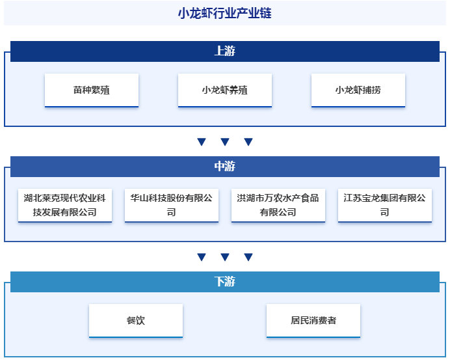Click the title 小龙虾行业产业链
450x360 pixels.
coord(224,13)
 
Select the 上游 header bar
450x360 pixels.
coord(224,51)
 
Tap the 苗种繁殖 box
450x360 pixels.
coord(92,90)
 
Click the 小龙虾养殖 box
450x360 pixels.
coord(225,90)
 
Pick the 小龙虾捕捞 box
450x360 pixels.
coord(358,90)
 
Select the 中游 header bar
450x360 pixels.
coord(224,167)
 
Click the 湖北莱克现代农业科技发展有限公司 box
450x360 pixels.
coord(65,205)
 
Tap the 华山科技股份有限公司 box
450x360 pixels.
coord(172,205)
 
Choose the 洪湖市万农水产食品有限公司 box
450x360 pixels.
coord(278,205)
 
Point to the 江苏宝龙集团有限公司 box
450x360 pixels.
coord(385,205)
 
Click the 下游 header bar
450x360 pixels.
coord(224,282)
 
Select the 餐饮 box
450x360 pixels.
coord(136,320)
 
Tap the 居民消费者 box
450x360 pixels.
coord(313,320)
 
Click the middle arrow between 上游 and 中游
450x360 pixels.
coord(225,142)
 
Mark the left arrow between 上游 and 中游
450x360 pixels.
coord(202,142)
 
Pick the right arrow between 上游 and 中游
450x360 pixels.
coord(248,142)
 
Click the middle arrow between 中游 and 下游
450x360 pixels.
coord(225,257)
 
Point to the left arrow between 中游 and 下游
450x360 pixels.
coord(202,257)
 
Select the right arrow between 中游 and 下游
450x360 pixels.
coord(248,257)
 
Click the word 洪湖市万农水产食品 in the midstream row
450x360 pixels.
coord(278,198)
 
